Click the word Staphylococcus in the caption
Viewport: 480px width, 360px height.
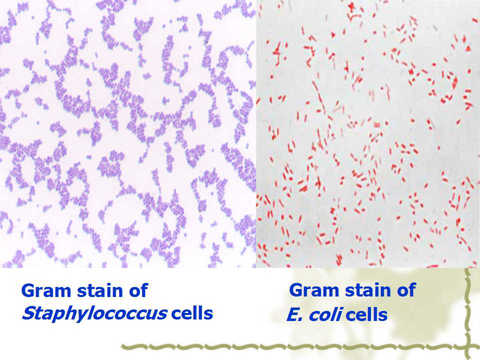[94, 314]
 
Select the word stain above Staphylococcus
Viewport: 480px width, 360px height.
[100, 290]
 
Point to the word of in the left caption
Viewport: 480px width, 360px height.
[138, 290]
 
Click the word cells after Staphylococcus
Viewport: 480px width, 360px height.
[192, 313]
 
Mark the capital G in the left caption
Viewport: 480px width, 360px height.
[28, 290]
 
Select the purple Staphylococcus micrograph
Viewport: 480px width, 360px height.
[128, 134]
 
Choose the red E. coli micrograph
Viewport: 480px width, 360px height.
[368, 134]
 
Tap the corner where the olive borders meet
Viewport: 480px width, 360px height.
[468, 347]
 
